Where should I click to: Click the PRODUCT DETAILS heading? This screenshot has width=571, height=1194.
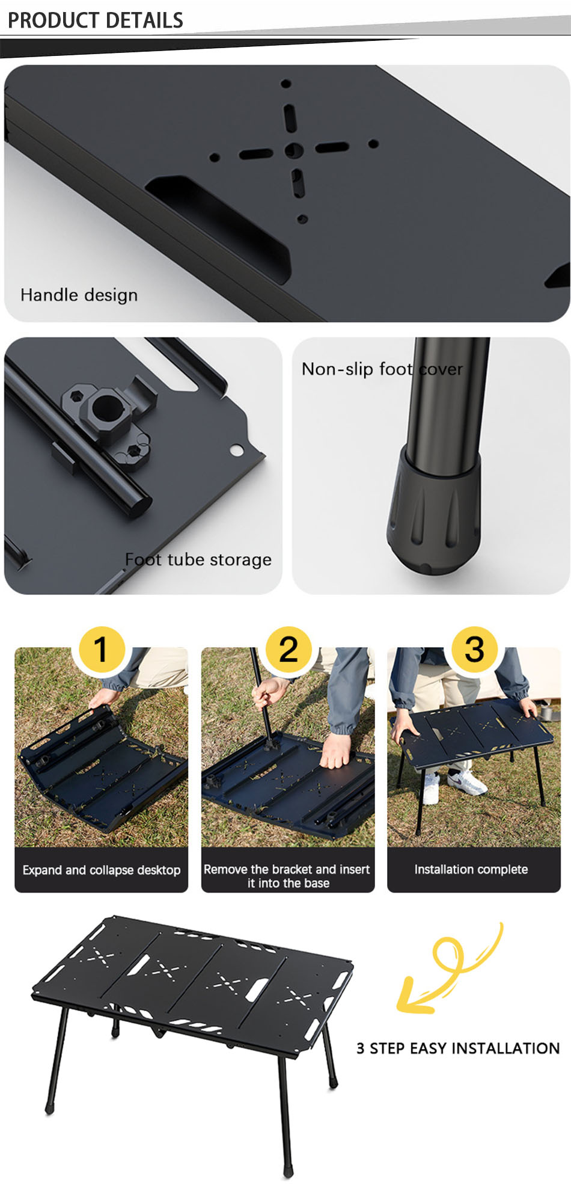tap(95, 20)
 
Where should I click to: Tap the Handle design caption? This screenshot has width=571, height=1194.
tap(79, 295)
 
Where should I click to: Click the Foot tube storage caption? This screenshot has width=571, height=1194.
tap(198, 559)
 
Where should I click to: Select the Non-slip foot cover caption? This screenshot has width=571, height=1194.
tap(382, 369)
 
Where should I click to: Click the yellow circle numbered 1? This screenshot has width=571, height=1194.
tap(101, 649)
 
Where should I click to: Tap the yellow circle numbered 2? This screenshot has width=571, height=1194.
tap(289, 649)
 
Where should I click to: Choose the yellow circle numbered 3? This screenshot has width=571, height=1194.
tap(475, 649)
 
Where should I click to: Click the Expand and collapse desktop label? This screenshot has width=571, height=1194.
tap(102, 870)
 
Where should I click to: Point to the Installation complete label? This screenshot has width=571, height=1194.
tap(471, 869)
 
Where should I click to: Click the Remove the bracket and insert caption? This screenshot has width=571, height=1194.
tap(287, 869)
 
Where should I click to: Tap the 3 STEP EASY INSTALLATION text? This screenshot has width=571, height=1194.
tap(458, 1048)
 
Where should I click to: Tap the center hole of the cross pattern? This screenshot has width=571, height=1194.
tap(293, 150)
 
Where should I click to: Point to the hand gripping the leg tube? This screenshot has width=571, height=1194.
tap(270, 691)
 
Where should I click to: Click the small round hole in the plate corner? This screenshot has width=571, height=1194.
tap(237, 451)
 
